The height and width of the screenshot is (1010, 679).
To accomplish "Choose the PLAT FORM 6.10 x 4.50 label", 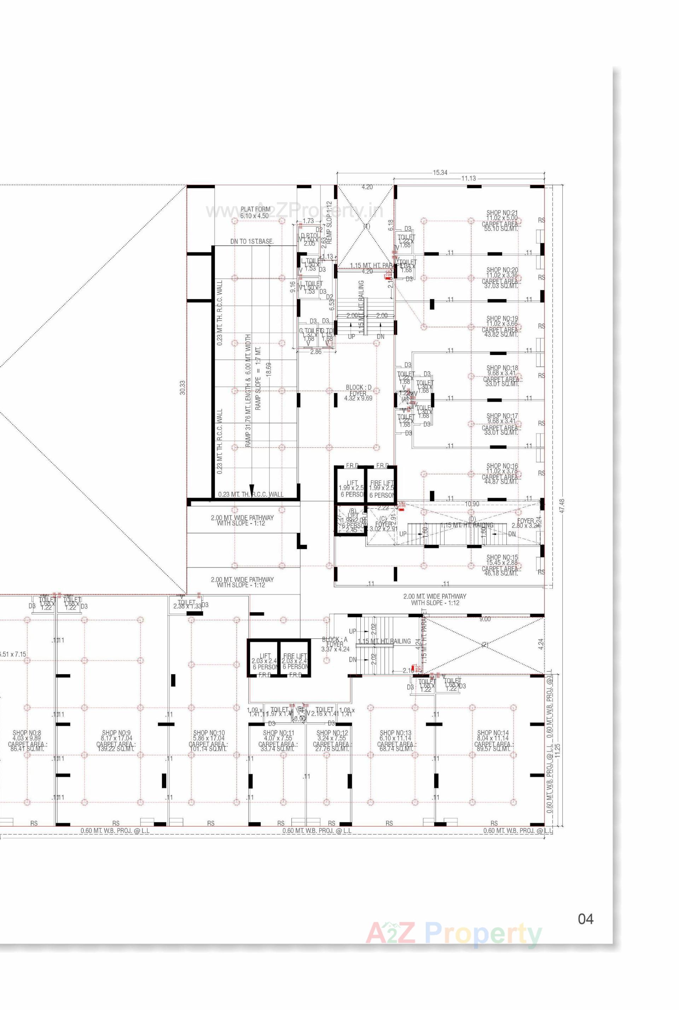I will pyautogui.click(x=255, y=212).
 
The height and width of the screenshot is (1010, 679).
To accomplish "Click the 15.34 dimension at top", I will pyautogui.click(x=440, y=173).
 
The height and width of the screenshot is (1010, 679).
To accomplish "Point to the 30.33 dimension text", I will pyautogui.click(x=182, y=387).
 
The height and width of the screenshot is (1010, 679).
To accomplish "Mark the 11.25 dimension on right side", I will pyautogui.click(x=557, y=748).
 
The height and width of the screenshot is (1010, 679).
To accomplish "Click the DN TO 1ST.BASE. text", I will pyautogui.click(x=251, y=241).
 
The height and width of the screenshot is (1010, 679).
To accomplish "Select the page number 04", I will pyautogui.click(x=586, y=919).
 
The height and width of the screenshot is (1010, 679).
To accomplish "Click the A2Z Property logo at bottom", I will pyautogui.click(x=454, y=934).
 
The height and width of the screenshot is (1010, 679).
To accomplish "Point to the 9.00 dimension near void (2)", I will pyautogui.click(x=485, y=619).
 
